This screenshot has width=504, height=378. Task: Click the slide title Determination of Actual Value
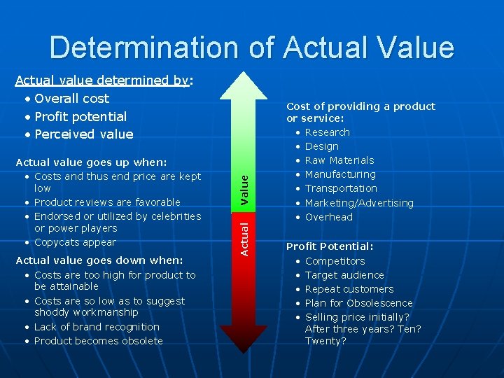(x=252, y=48)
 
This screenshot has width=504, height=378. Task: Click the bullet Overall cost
(x=71, y=99)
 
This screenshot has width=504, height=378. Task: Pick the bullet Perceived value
(x=83, y=134)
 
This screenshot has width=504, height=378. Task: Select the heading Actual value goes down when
(x=99, y=260)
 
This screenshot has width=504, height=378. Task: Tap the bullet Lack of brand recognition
(x=97, y=327)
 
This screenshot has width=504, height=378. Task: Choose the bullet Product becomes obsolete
(x=98, y=341)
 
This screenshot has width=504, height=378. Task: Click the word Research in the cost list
(x=327, y=132)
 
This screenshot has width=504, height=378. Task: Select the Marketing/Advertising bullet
(x=359, y=203)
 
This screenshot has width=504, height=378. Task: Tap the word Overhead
(x=329, y=217)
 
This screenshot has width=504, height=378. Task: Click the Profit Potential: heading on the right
(x=330, y=246)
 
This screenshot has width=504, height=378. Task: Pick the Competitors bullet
(x=335, y=261)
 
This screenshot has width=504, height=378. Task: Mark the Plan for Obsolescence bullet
(x=358, y=303)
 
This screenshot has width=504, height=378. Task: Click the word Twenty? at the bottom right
(x=325, y=341)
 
